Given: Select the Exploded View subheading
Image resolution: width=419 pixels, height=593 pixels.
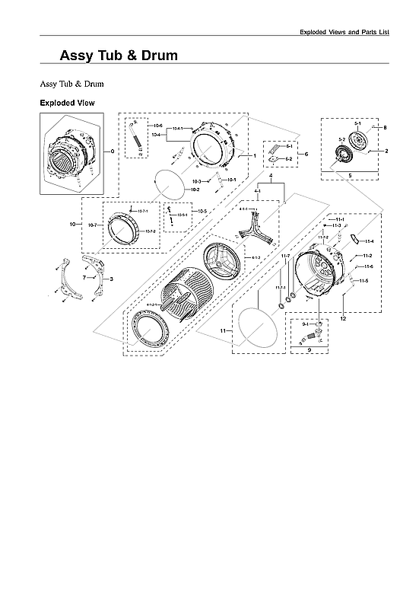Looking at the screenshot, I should point(67,102).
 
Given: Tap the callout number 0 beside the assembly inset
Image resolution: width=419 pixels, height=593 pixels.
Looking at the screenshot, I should point(113,151).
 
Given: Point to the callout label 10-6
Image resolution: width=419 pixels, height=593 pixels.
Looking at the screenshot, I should point(158,125).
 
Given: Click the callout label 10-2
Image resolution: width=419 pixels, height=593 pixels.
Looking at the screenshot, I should point(195,189).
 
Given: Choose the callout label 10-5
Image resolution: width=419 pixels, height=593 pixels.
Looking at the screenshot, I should point(202,210).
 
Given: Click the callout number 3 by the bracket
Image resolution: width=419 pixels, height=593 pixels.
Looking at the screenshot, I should point(112,279).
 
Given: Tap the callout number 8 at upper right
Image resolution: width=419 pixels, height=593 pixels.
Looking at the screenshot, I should point(385,127).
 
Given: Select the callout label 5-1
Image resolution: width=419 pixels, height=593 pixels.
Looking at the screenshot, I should point(357,123).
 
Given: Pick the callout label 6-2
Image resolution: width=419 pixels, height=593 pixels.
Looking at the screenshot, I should point(289,159).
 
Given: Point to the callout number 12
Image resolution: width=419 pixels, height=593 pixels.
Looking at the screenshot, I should point(343,318).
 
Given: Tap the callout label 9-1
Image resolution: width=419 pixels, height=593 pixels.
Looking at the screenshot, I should point(305,324).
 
